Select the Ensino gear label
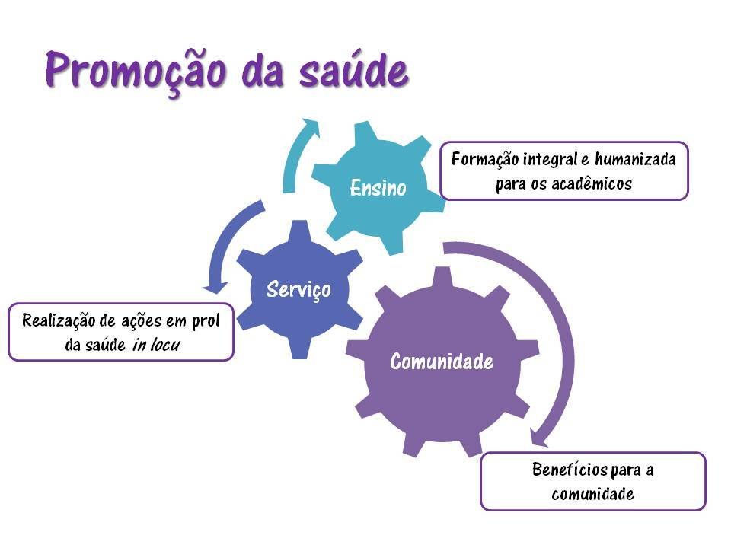click(378, 188)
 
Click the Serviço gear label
click(298, 288)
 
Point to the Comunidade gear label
click(442, 362)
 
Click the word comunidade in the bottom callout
click(592, 494)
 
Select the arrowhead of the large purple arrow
click(539, 438)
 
